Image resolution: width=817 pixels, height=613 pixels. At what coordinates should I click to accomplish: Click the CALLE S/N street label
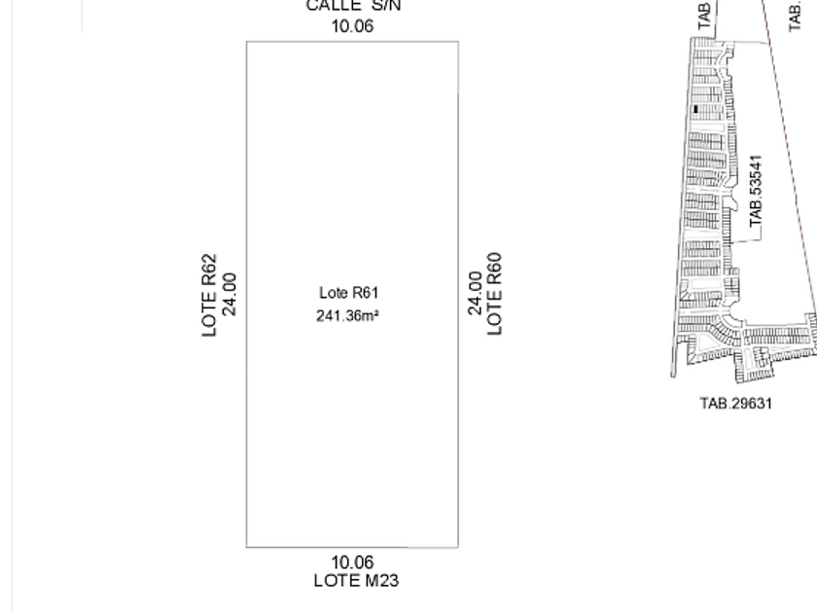(353, 6)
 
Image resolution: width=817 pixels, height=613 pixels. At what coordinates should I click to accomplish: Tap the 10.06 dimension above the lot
(352, 26)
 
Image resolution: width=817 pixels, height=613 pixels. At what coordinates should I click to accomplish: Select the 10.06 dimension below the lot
(352, 562)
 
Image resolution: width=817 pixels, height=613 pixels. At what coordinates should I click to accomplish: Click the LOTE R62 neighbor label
(210, 296)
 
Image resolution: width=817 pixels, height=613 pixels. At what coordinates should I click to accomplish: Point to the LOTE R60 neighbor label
(495, 294)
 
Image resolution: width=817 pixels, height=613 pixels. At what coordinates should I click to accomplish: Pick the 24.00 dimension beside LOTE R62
(230, 294)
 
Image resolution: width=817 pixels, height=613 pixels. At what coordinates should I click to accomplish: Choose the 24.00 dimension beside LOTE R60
(475, 294)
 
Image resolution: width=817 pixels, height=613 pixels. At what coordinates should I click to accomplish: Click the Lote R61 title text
(348, 293)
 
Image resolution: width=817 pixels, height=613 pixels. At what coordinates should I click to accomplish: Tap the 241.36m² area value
(347, 315)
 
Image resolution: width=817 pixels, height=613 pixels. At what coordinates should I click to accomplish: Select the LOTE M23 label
(356, 581)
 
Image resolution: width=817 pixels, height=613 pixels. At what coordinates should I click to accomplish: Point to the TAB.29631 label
(736, 403)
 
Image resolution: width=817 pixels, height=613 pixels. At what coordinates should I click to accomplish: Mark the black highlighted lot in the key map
(696, 110)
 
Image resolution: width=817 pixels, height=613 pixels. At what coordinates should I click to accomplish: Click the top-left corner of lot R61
(246, 42)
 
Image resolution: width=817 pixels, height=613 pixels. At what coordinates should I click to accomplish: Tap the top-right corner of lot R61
(458, 42)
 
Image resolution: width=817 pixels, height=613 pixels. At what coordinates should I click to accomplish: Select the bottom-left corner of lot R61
(246, 547)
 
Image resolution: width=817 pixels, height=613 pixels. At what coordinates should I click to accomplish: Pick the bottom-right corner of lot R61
(458, 547)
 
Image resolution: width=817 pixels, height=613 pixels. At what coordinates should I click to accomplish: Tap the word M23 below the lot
(380, 581)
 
